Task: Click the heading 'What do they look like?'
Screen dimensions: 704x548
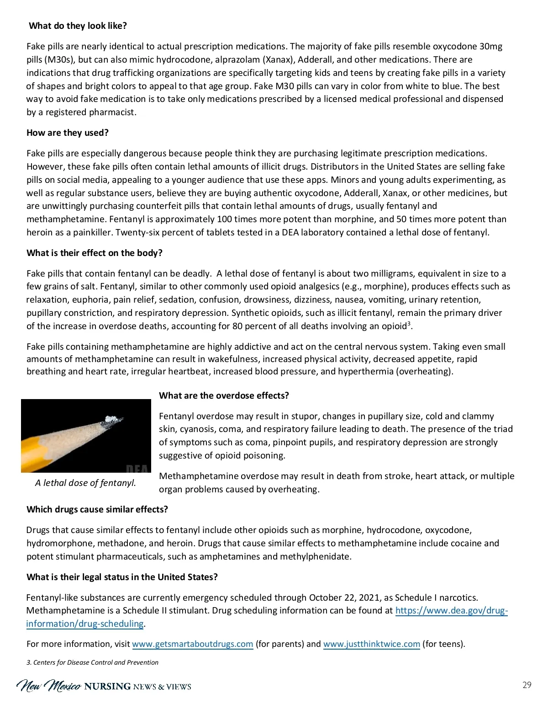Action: point(78,26)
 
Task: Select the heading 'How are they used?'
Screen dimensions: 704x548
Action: point(68,133)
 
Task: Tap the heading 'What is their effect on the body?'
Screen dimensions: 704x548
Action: point(95,253)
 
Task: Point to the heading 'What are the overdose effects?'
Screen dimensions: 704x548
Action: point(224,396)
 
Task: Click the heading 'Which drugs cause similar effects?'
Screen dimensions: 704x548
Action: point(97,510)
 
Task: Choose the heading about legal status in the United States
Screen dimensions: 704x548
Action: point(122,577)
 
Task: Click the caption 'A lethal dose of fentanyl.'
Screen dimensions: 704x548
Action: point(85,483)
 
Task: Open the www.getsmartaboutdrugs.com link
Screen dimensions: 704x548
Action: point(192,644)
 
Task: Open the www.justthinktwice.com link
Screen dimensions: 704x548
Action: point(371,644)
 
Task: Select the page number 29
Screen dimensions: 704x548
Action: point(527,685)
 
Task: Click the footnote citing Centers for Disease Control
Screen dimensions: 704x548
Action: point(92,662)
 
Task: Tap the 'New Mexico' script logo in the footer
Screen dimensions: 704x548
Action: point(49,686)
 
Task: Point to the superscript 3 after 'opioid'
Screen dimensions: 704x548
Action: point(409,324)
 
